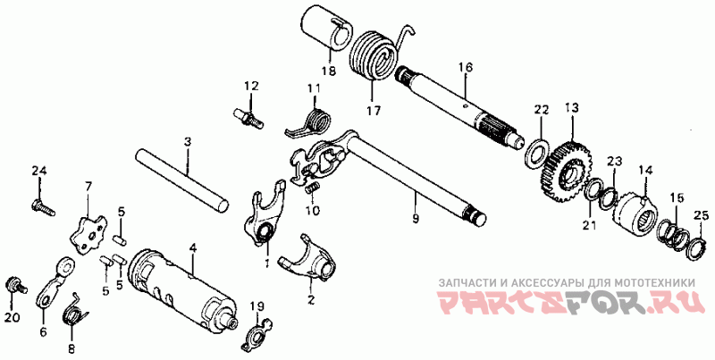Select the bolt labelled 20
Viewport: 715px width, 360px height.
pyautogui.click(x=13, y=285)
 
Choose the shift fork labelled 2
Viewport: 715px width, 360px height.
pyautogui.click(x=308, y=261)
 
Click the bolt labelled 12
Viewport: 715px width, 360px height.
pyautogui.click(x=248, y=116)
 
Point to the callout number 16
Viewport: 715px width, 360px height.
pyautogui.click(x=465, y=67)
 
